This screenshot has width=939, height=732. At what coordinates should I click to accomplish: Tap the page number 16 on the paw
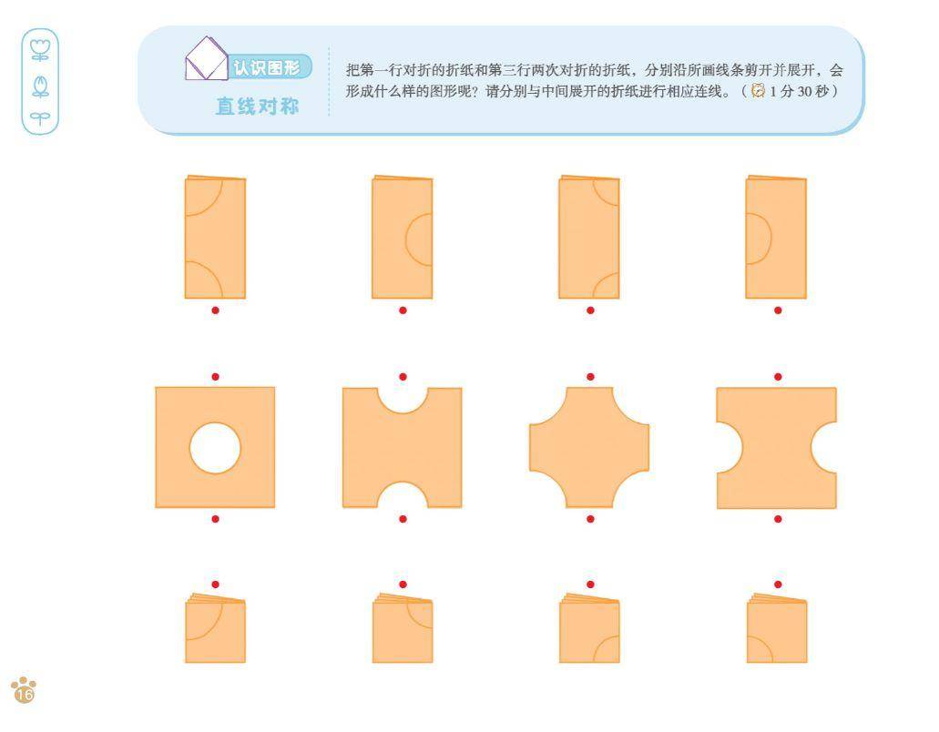coord(25,695)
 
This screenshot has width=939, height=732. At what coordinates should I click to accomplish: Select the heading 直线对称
coord(258,107)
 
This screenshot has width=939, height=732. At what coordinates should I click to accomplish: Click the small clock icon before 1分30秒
coord(758,90)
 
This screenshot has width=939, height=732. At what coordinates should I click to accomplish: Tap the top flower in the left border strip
coord(40,50)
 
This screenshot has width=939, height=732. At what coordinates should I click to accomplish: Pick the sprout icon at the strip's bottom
coord(40,118)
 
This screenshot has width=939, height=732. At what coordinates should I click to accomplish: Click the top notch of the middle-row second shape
coord(403,400)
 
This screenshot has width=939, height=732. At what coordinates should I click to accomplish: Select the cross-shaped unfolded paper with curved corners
coord(589,447)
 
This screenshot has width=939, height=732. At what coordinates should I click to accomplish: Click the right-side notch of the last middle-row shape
coord(824,448)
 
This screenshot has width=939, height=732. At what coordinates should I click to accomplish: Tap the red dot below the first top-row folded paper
coord(216,310)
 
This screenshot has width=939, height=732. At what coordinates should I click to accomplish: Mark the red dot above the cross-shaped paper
coord(590,377)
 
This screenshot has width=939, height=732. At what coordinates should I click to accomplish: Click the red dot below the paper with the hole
coord(216,519)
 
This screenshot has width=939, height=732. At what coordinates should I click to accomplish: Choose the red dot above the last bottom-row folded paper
coord(778,585)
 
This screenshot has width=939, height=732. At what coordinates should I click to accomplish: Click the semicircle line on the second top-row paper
coord(406,239)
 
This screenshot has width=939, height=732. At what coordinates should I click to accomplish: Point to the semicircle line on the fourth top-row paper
coord(771,238)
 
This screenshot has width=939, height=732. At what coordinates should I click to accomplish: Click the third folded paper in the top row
coord(589,237)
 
